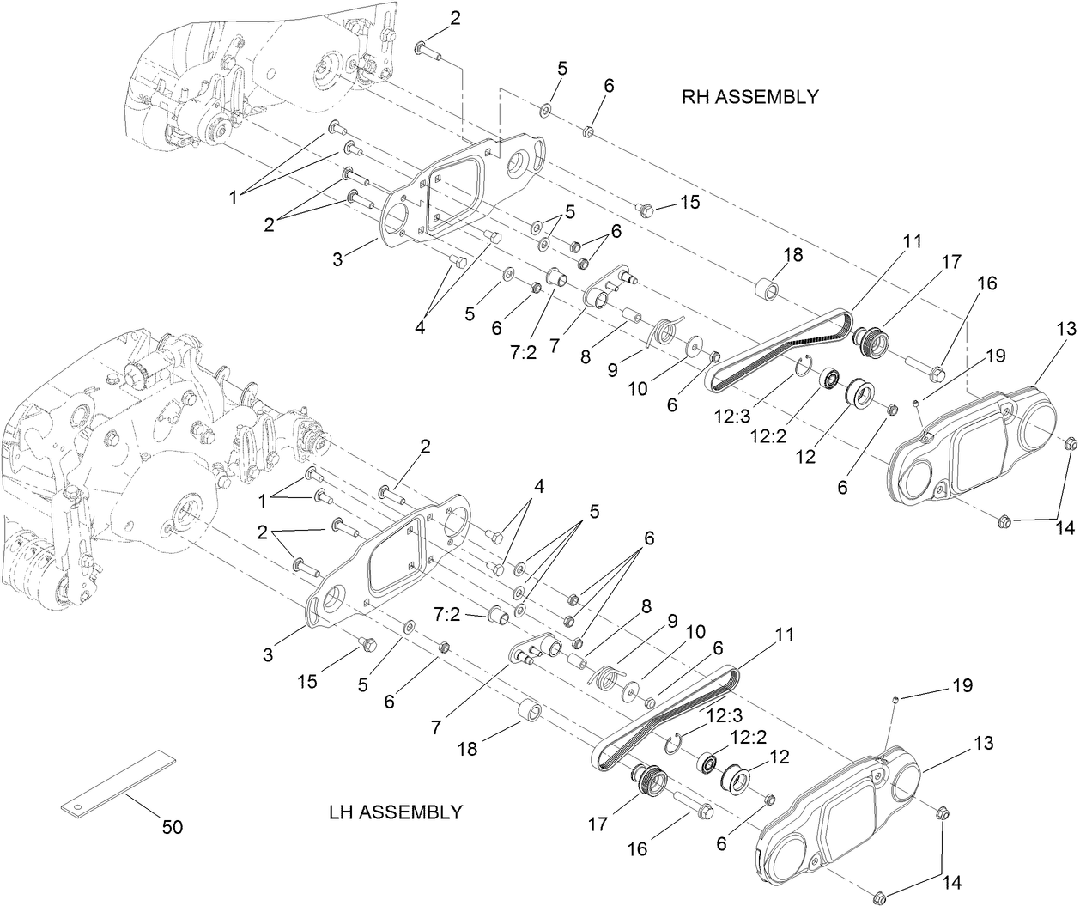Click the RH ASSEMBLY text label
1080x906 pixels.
coord(749,97)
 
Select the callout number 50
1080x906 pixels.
coord(173,827)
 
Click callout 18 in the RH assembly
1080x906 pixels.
coord(792,255)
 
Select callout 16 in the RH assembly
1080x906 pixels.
coord(986,283)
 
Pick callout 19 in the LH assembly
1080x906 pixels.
coord(962,686)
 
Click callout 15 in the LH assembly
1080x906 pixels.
coord(307,682)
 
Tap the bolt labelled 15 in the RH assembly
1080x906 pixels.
coord(646,209)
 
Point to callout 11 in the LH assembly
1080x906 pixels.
coord(782,635)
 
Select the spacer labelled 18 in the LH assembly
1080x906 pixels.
coord(531,713)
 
